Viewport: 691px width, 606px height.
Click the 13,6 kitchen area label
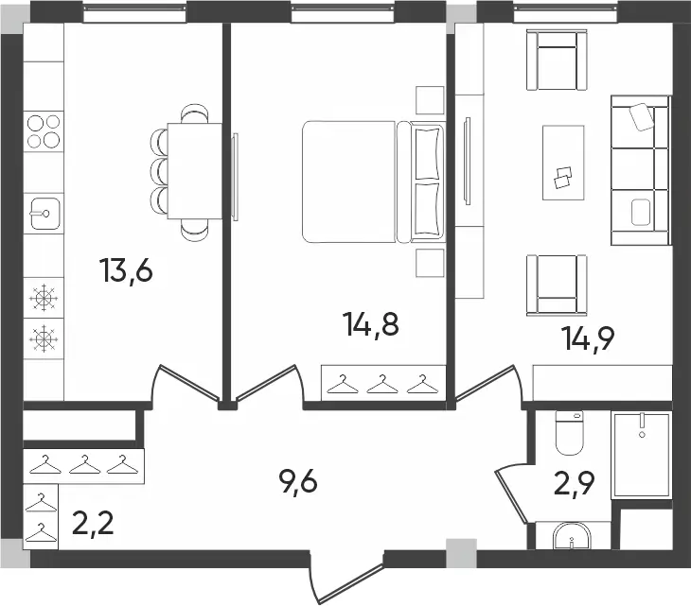tap(127, 270)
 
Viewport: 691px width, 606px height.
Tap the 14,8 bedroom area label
tap(372, 324)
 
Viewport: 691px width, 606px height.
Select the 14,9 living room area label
tap(588, 338)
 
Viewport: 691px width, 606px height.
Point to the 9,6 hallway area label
tap(298, 481)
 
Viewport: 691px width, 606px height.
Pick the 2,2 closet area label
tap(93, 523)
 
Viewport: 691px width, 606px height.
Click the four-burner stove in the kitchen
tap(44, 131)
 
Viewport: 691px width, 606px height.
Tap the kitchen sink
tap(44, 214)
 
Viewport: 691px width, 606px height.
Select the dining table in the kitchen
tap(194, 171)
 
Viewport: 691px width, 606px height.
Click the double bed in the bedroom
tap(373, 182)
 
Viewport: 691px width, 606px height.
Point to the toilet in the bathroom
tap(570, 433)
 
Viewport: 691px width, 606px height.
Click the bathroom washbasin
tap(572, 536)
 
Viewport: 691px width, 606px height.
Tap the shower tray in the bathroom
tap(641, 456)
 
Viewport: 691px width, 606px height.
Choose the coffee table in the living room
tap(563, 163)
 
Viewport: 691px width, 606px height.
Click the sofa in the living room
tap(641, 170)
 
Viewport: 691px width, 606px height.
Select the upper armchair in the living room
tap(557, 60)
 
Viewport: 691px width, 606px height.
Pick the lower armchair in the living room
tap(557, 286)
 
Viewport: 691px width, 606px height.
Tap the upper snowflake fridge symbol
tap(44, 298)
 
